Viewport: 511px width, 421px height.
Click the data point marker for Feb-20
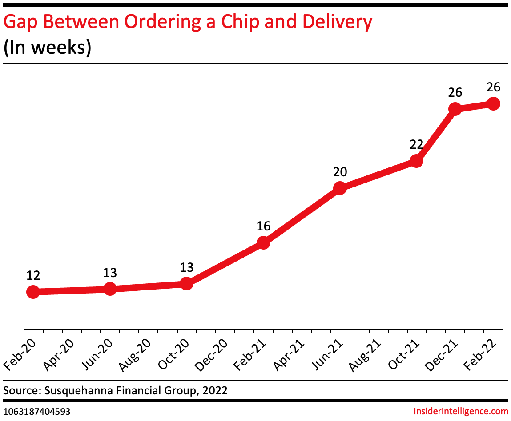[x=32, y=292]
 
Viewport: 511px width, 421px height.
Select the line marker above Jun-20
[x=110, y=289]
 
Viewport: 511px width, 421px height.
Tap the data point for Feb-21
[x=263, y=242]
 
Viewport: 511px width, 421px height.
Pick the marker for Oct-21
[x=416, y=161]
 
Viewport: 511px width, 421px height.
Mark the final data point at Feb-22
[x=493, y=103]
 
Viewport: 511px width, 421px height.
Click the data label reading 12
[x=33, y=275]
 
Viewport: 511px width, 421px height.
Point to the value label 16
[x=263, y=226]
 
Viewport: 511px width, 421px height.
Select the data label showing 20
[x=340, y=172]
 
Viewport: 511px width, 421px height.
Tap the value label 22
[x=416, y=144]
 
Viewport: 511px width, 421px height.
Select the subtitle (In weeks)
[x=47, y=48]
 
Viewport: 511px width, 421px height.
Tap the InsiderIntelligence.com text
[x=461, y=411]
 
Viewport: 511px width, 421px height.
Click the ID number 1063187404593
[x=36, y=412]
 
